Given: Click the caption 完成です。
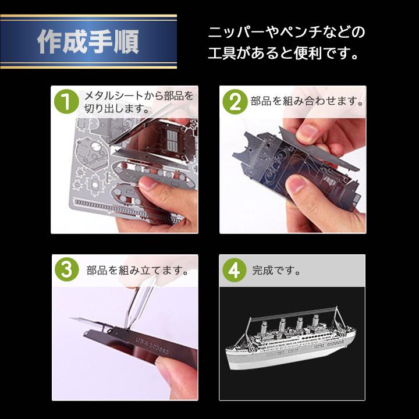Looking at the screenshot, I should [x=276, y=271].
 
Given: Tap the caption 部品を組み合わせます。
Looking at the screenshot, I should [x=307, y=101].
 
